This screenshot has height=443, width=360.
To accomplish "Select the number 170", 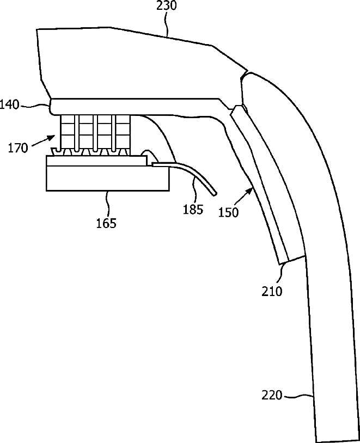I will tap(18, 147).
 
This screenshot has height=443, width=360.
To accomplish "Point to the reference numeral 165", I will tap(106, 223).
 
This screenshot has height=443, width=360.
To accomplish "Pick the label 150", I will tap(228, 212).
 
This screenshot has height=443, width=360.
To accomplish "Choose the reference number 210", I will tap(272, 291).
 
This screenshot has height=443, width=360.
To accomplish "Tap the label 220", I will tap(272, 396).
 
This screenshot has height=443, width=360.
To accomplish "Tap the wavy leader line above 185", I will tap(194, 192).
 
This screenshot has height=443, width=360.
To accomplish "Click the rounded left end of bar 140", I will tap(52, 106).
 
